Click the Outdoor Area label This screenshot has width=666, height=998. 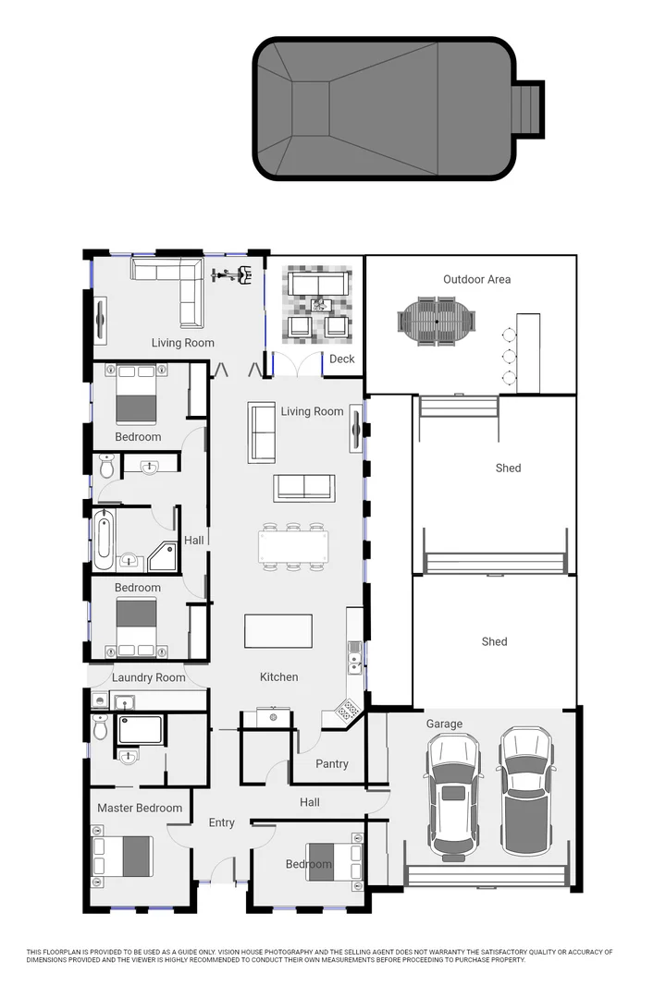click(476, 279)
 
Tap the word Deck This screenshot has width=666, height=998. click(342, 359)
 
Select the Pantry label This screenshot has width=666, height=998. click(332, 763)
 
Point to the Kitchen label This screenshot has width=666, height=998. click(278, 677)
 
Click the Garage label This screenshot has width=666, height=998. click(444, 724)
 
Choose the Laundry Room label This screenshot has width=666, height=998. click(148, 677)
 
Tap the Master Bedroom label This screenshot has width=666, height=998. click(140, 808)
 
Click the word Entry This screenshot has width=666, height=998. click(221, 822)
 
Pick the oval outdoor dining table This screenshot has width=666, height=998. click(438, 322)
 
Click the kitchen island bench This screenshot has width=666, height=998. click(277, 631)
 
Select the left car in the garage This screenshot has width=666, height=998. click(452, 795)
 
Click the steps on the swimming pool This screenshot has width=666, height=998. click(529, 108)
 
